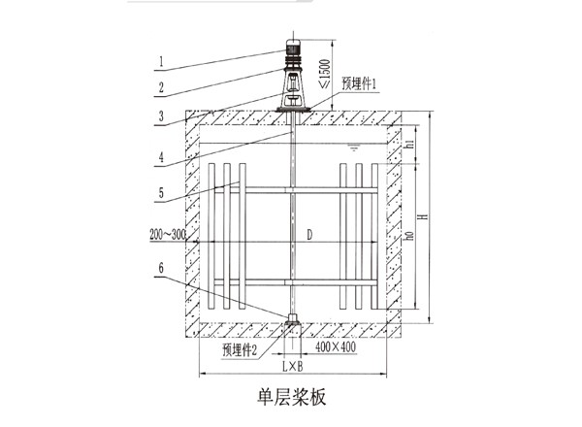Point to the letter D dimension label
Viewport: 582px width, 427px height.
pyautogui.click(x=309, y=234)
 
